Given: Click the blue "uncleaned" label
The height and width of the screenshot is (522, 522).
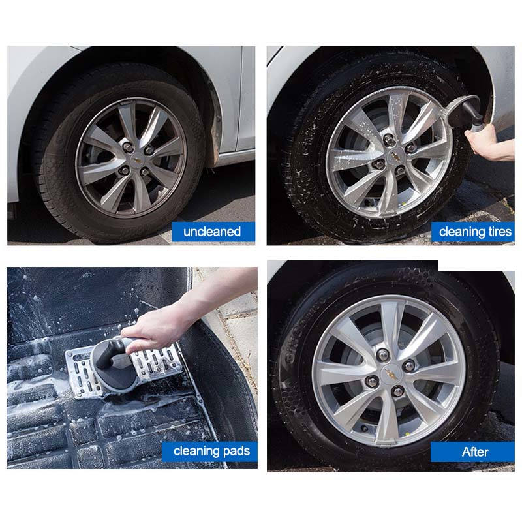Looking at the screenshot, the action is click(x=213, y=232).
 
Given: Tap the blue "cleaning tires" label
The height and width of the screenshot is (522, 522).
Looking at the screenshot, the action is click(x=472, y=232).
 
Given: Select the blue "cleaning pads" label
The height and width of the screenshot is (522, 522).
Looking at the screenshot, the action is click(x=209, y=452).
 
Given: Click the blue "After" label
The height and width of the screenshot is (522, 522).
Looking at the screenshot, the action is click(x=472, y=452).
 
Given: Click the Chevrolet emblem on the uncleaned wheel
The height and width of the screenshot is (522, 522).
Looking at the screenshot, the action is click(x=137, y=160).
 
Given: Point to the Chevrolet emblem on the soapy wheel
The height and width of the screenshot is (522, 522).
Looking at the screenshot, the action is click(x=395, y=155).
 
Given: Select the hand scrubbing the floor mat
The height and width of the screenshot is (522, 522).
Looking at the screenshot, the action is click(x=157, y=328).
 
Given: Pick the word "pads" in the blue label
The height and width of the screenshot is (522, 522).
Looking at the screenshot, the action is click(x=236, y=451).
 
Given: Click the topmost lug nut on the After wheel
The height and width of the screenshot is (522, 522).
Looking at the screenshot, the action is click(x=382, y=355).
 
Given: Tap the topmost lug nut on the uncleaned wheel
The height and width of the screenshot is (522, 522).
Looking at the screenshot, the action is click(x=127, y=147).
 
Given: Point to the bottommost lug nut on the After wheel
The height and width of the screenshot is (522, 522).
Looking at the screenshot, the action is click(x=398, y=391).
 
